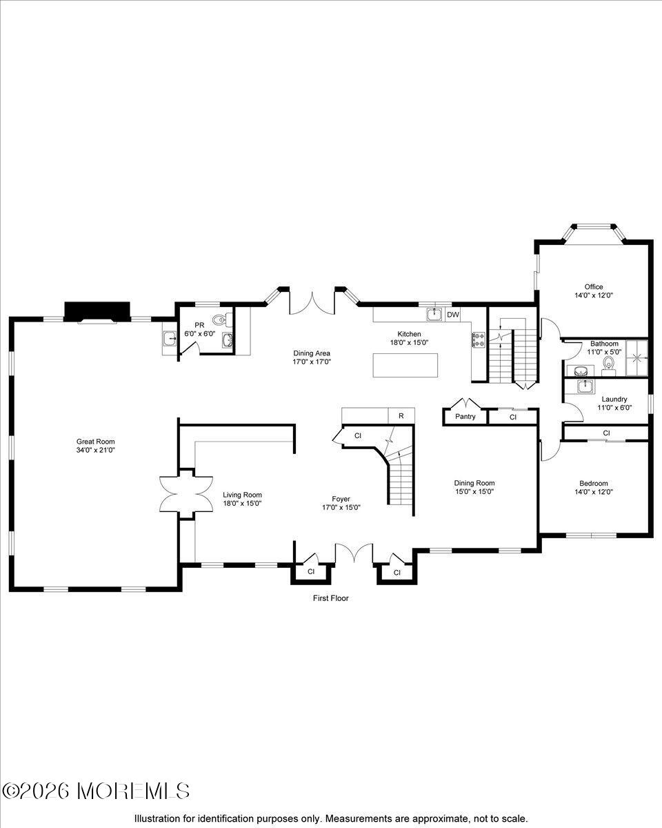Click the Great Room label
(95, 442)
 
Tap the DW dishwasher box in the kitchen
(453, 315)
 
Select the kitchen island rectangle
(405, 365)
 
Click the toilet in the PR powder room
(220, 320)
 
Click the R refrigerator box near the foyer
(401, 415)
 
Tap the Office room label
(594, 287)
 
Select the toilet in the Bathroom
(608, 363)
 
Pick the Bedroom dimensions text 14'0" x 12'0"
(594, 492)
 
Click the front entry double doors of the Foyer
(353, 554)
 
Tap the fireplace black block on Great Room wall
(97, 311)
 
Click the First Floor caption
(331, 598)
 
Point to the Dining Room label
(474, 483)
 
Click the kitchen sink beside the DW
(434, 315)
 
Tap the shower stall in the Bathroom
(637, 358)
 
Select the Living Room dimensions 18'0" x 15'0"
(242, 503)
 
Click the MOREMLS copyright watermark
(96, 791)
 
